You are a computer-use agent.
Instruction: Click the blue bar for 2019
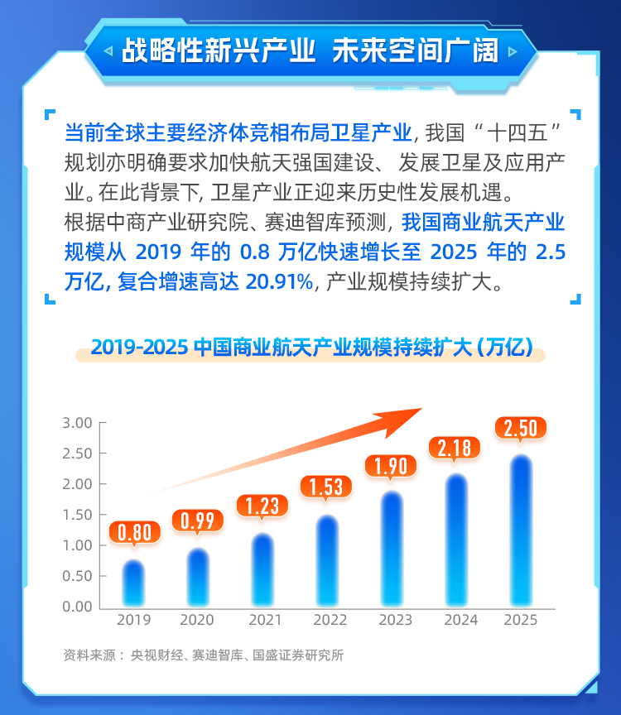click(x=133, y=583)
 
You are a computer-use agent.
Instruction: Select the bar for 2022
click(x=327, y=561)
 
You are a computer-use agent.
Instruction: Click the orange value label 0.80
click(x=134, y=532)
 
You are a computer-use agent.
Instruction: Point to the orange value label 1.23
click(x=262, y=505)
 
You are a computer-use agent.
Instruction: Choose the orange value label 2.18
click(x=455, y=448)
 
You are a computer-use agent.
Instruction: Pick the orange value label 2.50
click(x=520, y=428)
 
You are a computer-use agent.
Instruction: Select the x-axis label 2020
click(x=198, y=620)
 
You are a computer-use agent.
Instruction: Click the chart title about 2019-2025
click(x=310, y=347)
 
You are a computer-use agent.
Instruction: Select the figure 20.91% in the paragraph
click(x=279, y=282)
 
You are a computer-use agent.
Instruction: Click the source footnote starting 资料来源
click(x=203, y=655)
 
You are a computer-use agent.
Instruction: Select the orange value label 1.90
click(x=391, y=466)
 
